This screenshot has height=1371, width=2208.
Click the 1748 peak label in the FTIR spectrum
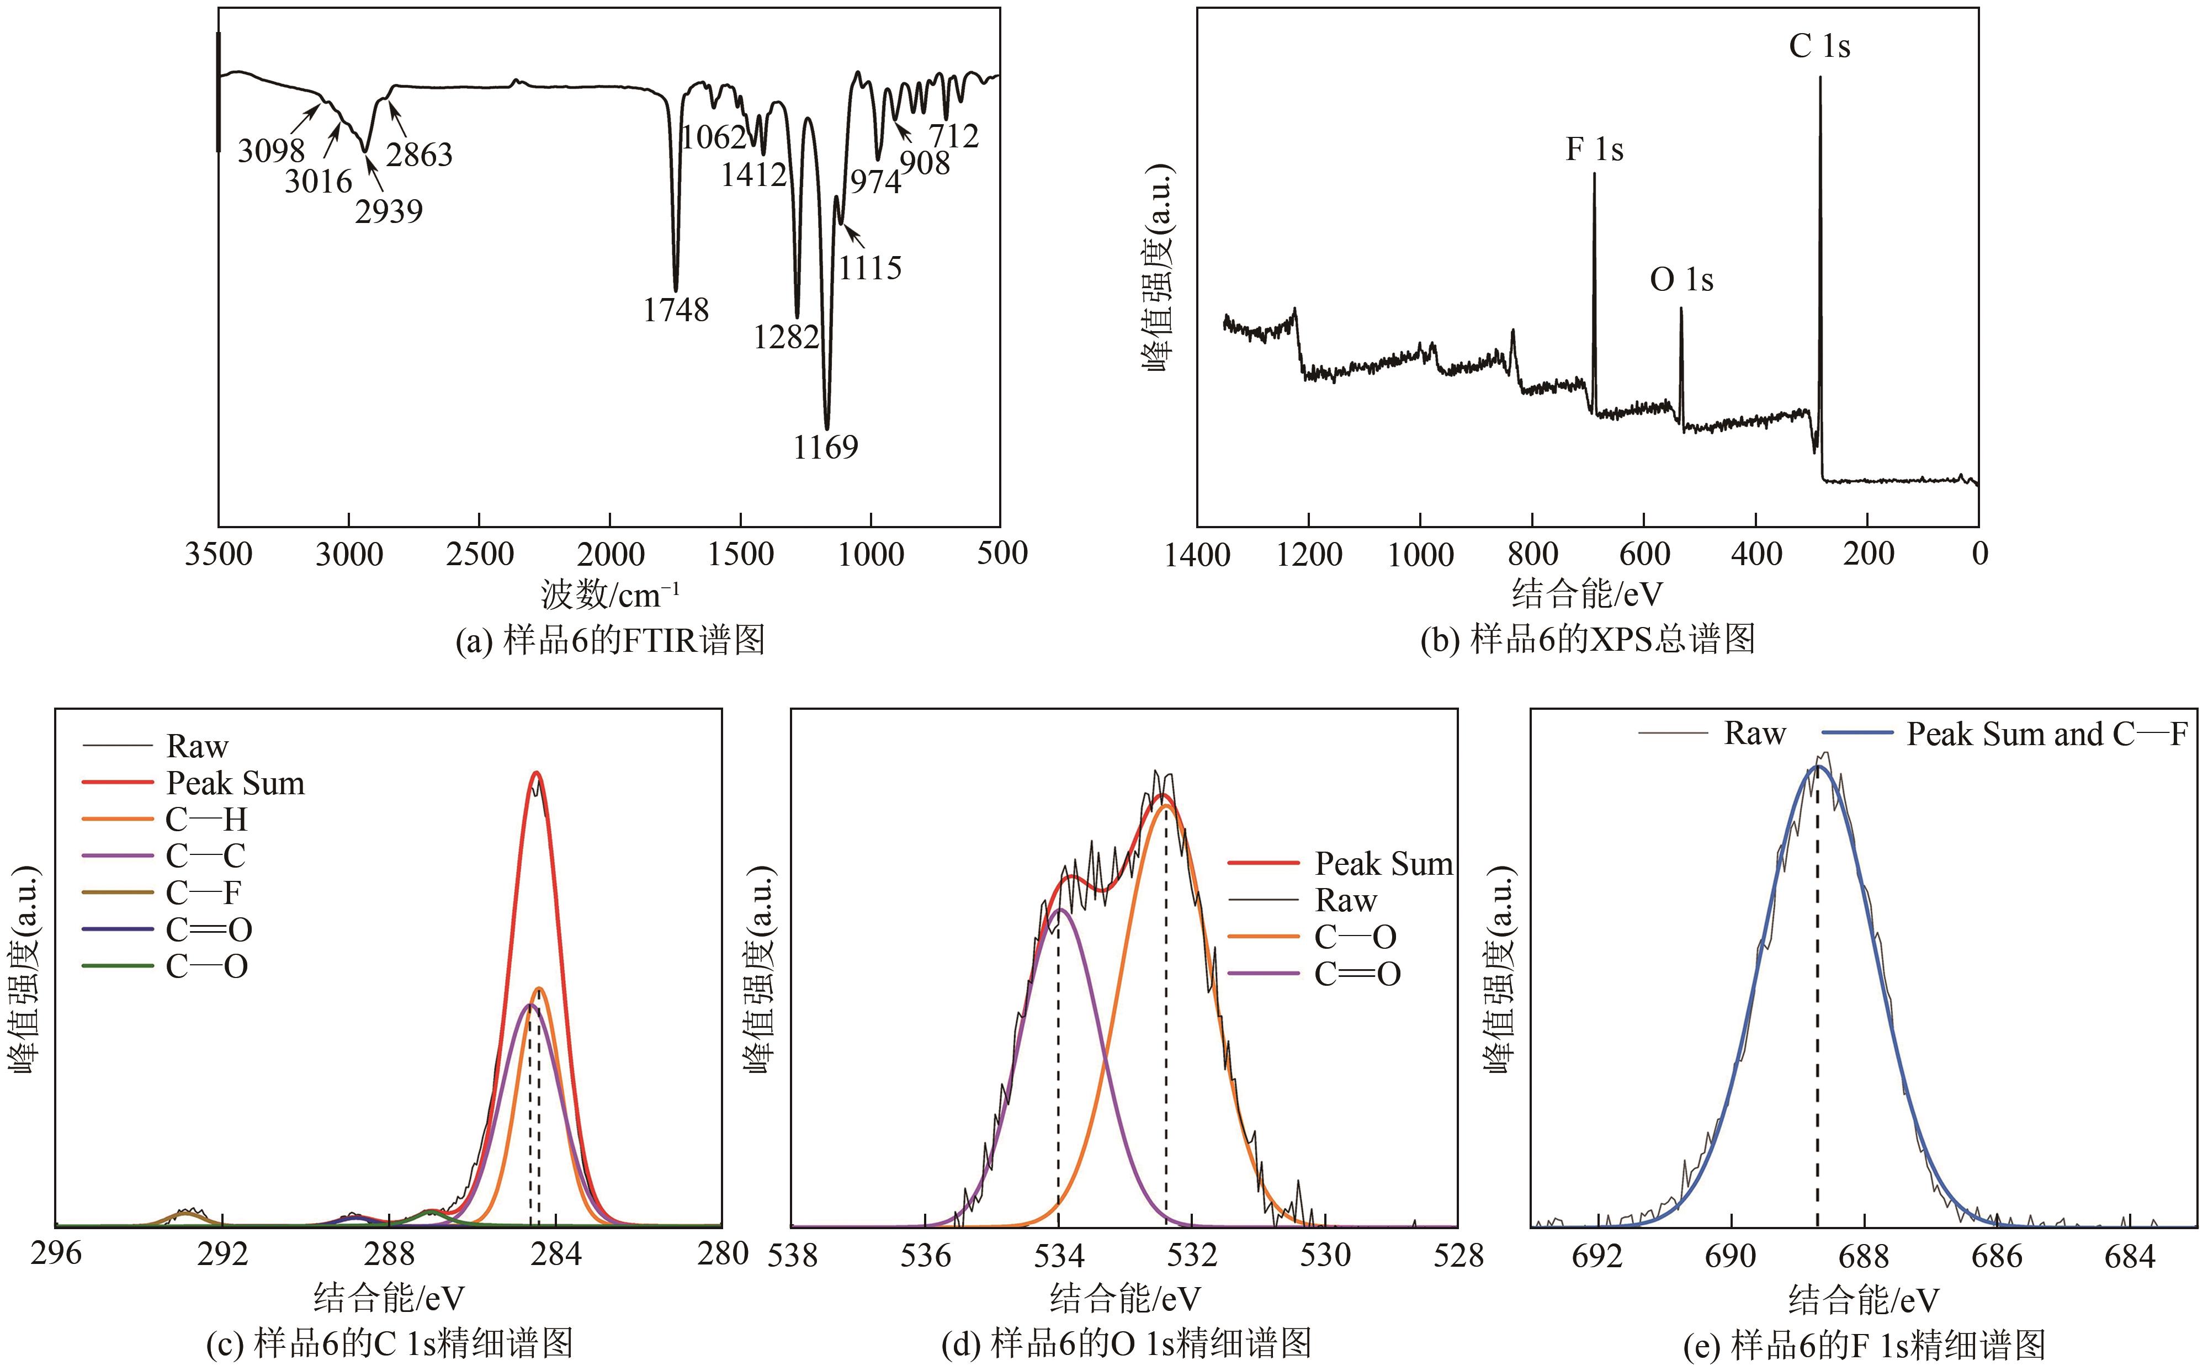point(676,310)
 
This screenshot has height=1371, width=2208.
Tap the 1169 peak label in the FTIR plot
point(825,447)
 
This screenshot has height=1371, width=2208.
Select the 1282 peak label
point(785,337)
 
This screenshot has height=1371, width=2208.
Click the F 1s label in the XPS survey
point(1594,150)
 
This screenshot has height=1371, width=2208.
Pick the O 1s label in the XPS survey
point(1681,280)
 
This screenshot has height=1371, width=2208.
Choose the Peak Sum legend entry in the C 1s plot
point(235,783)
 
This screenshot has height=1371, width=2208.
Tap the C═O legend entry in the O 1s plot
point(1357,975)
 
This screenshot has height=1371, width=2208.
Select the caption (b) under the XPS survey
point(1587,639)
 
